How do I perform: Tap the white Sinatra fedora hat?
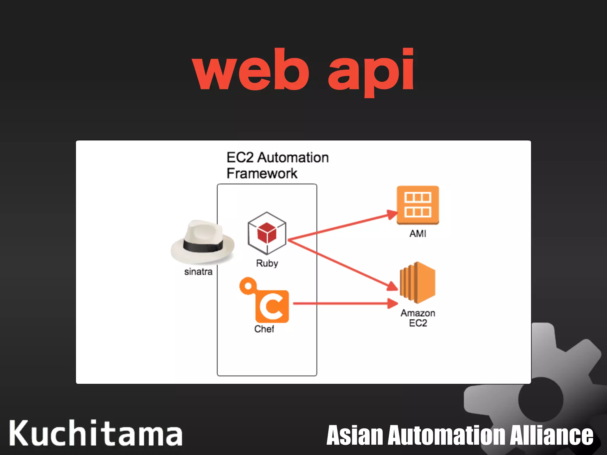click(202, 241)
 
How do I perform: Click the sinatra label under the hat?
click(198, 272)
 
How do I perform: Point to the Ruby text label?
click(267, 263)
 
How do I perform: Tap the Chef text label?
click(264, 329)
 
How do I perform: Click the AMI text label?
click(418, 234)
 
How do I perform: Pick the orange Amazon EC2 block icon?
click(418, 283)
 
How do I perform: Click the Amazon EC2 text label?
click(418, 318)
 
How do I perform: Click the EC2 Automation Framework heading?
click(277, 165)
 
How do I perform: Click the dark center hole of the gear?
click(541, 400)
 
